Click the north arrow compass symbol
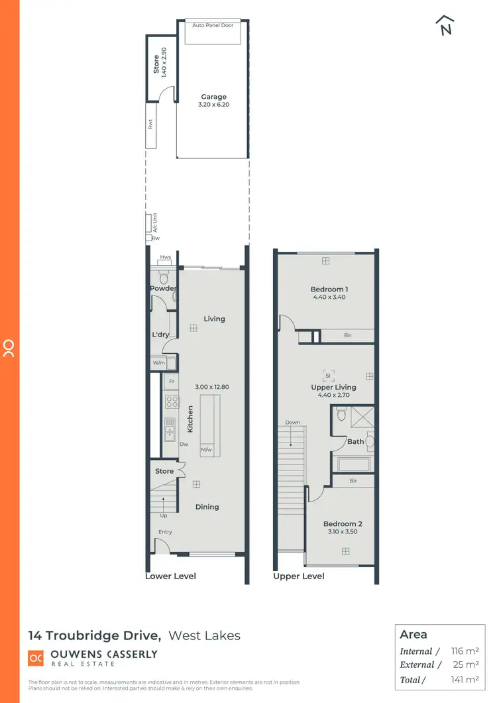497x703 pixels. point(445,25)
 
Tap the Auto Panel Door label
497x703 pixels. point(213,25)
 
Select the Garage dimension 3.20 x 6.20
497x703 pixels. point(213,105)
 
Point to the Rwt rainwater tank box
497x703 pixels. point(151,123)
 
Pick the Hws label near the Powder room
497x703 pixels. point(164,258)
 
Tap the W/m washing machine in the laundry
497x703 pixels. point(159,363)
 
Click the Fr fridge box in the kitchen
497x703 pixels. point(171,382)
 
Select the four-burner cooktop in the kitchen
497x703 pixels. point(171,402)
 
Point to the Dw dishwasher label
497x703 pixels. point(183,445)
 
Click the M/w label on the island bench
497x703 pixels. point(207,451)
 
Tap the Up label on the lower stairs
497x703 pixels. point(163,515)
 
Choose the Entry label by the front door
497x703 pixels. point(165,532)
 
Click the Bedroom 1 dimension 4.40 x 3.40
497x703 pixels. point(329,297)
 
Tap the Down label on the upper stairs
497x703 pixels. point(293,422)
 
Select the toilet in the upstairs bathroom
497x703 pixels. point(341,415)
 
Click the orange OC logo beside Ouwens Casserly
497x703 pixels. point(36,657)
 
